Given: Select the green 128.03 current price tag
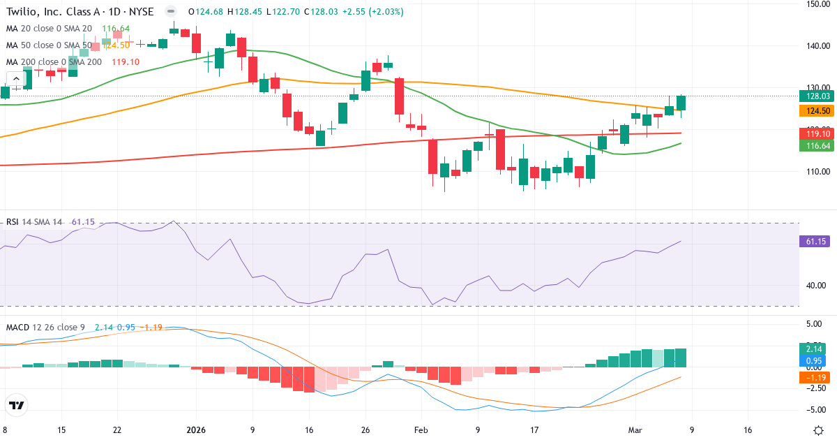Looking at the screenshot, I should coord(815,96).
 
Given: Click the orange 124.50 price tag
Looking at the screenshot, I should coord(815,111).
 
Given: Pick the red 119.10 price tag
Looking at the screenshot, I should coord(815,133).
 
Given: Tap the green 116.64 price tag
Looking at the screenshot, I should coord(815,145).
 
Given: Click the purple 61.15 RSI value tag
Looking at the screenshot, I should coord(815,242).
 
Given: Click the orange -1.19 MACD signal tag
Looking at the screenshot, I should coord(815,377).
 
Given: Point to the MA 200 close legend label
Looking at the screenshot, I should coord(54,62).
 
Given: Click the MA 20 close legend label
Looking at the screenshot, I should coord(49,29).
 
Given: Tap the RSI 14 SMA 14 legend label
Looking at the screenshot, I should coord(35,222).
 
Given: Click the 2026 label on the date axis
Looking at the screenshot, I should coord(195,430).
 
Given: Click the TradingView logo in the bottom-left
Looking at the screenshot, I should coord(17,405).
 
